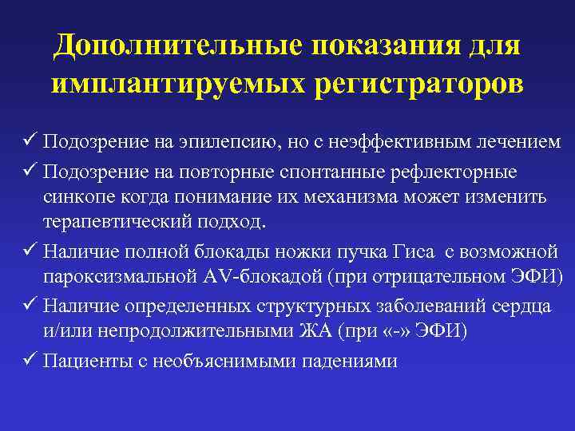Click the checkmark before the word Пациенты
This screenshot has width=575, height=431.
click(33, 360)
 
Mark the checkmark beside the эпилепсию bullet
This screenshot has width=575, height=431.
click(33, 141)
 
